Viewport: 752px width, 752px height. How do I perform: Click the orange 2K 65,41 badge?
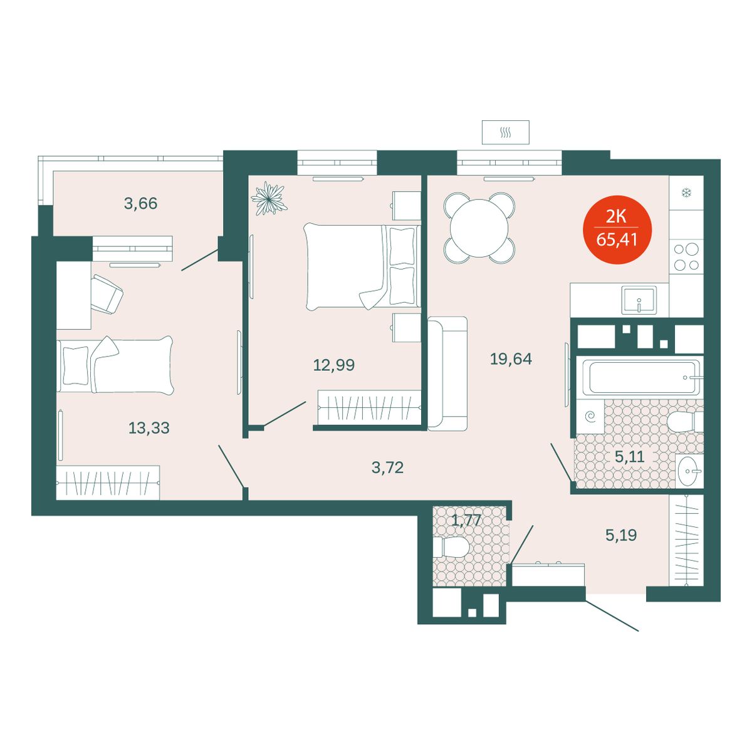click(x=617, y=229)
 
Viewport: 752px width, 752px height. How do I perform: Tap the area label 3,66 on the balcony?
click(x=140, y=203)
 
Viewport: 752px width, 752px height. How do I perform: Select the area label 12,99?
click(x=333, y=365)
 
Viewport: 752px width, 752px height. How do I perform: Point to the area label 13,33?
click(x=149, y=428)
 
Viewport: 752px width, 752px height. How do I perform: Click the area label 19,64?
click(x=511, y=358)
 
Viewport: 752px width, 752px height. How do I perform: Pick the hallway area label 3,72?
click(x=387, y=467)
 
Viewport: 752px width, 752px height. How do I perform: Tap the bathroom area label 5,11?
click(x=629, y=456)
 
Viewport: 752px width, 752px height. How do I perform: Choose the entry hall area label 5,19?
click(x=621, y=535)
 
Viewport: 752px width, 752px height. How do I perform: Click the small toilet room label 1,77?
click(x=466, y=520)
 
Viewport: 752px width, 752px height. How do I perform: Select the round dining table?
click(x=479, y=227)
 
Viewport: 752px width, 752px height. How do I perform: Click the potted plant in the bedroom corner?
click(x=268, y=199)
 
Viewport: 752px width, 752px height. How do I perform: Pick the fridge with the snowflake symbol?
click(x=686, y=193)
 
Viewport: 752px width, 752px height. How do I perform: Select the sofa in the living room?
click(x=447, y=373)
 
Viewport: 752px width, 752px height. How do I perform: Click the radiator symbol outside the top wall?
click(x=505, y=133)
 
